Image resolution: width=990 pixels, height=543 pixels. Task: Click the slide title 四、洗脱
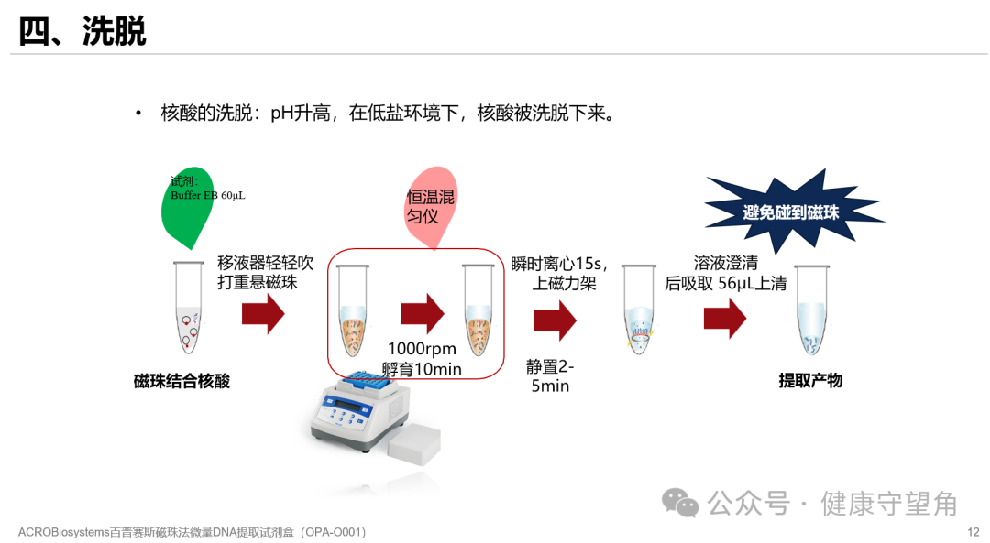coord(82,32)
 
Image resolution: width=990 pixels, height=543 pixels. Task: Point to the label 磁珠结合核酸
coord(181,381)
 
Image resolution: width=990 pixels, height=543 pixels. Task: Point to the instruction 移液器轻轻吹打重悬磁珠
coord(265,273)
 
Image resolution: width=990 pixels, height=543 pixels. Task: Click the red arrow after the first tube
coord(263,314)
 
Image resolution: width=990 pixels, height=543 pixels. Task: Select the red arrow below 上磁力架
coord(555,320)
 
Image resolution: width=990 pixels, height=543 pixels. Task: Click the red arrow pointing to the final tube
coord(725,318)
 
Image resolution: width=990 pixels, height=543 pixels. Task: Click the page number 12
coord(973,532)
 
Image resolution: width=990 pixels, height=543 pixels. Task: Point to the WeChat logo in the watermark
coord(681,502)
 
